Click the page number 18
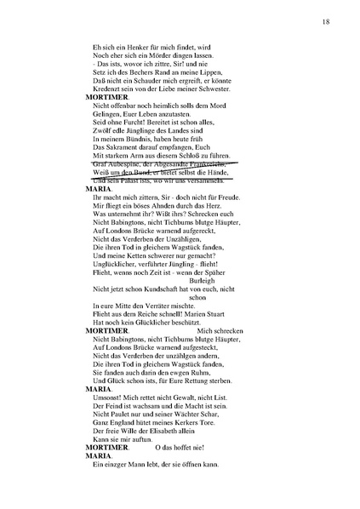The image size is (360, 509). tap(327, 21)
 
